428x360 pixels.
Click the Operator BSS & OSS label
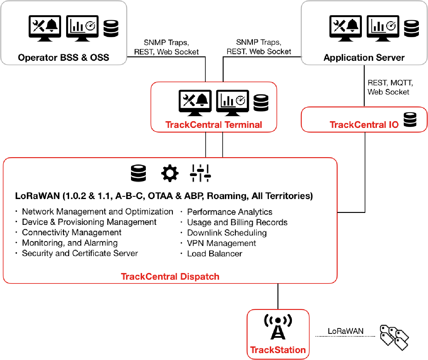(64, 58)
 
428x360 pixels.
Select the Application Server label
(364, 58)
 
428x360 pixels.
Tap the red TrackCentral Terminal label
(214, 125)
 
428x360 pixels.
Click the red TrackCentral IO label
(364, 125)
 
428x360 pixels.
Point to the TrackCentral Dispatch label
(170, 277)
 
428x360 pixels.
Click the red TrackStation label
(278, 350)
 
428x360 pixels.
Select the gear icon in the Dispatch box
(170, 173)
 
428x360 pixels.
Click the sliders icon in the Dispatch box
(200, 173)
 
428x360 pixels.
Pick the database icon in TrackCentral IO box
(410, 120)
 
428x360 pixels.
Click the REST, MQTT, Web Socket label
(390, 87)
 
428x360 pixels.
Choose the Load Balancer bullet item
(214, 254)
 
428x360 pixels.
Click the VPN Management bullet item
(221, 243)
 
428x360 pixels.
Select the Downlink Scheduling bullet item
(227, 233)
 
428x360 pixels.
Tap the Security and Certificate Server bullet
(80, 253)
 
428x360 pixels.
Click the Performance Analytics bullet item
(230, 212)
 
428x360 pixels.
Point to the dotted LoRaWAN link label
(345, 331)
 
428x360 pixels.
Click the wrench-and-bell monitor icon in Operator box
(45, 28)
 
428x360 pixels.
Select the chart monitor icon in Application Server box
(383, 28)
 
